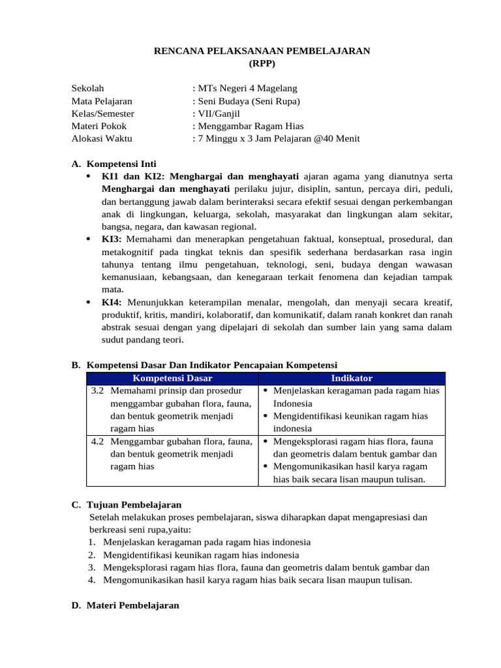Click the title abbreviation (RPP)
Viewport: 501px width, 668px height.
(x=262, y=63)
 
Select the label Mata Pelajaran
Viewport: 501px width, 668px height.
(x=102, y=101)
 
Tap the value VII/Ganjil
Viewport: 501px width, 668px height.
(x=218, y=114)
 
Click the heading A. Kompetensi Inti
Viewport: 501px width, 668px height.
(x=114, y=164)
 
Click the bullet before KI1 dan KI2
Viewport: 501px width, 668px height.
(x=89, y=177)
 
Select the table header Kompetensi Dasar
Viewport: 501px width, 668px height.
(x=172, y=378)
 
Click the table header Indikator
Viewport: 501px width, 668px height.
(x=352, y=378)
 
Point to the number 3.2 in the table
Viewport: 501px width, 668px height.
(x=98, y=391)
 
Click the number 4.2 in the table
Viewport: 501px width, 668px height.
(x=98, y=442)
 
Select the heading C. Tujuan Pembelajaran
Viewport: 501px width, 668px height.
(x=127, y=505)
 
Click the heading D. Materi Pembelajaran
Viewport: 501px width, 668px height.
(x=125, y=605)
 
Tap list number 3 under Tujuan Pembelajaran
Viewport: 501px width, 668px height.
(x=92, y=568)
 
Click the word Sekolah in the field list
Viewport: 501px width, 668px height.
(x=87, y=89)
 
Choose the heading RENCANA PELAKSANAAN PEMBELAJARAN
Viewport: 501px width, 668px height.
(x=262, y=51)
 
